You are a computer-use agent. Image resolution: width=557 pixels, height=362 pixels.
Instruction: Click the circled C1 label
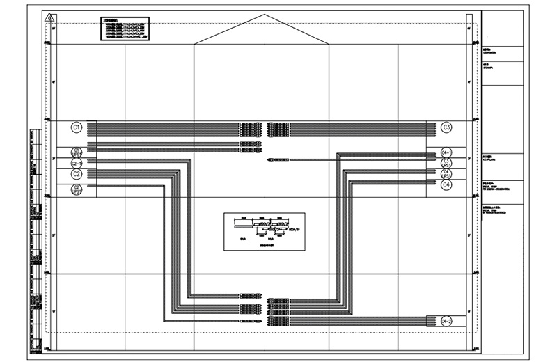(x=77, y=127)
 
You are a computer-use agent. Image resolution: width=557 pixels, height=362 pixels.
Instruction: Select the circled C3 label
(x=447, y=127)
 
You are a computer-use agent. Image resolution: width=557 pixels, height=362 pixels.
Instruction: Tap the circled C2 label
(x=77, y=174)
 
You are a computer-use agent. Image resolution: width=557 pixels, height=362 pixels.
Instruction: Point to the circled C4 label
(x=447, y=185)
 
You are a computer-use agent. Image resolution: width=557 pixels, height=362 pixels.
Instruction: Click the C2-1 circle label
(x=77, y=163)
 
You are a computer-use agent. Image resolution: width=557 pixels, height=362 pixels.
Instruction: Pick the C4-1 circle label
(x=447, y=152)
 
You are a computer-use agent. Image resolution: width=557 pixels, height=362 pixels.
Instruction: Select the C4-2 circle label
(x=447, y=321)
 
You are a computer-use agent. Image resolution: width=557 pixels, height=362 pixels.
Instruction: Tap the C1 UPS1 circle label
(x=77, y=152)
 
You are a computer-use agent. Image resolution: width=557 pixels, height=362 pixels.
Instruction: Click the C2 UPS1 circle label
(x=77, y=188)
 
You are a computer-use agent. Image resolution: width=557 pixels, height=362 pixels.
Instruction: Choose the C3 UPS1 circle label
(x=447, y=163)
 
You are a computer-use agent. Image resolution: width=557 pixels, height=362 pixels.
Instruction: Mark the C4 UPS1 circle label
(x=447, y=174)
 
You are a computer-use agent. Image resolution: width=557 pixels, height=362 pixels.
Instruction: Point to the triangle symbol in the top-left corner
(x=47, y=17)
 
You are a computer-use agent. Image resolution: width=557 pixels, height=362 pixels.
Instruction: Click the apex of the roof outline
(x=262, y=15)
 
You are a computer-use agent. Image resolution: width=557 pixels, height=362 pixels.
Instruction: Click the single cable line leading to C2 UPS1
(x=125, y=186)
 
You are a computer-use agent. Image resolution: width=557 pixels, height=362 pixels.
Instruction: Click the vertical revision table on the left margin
(x=37, y=237)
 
